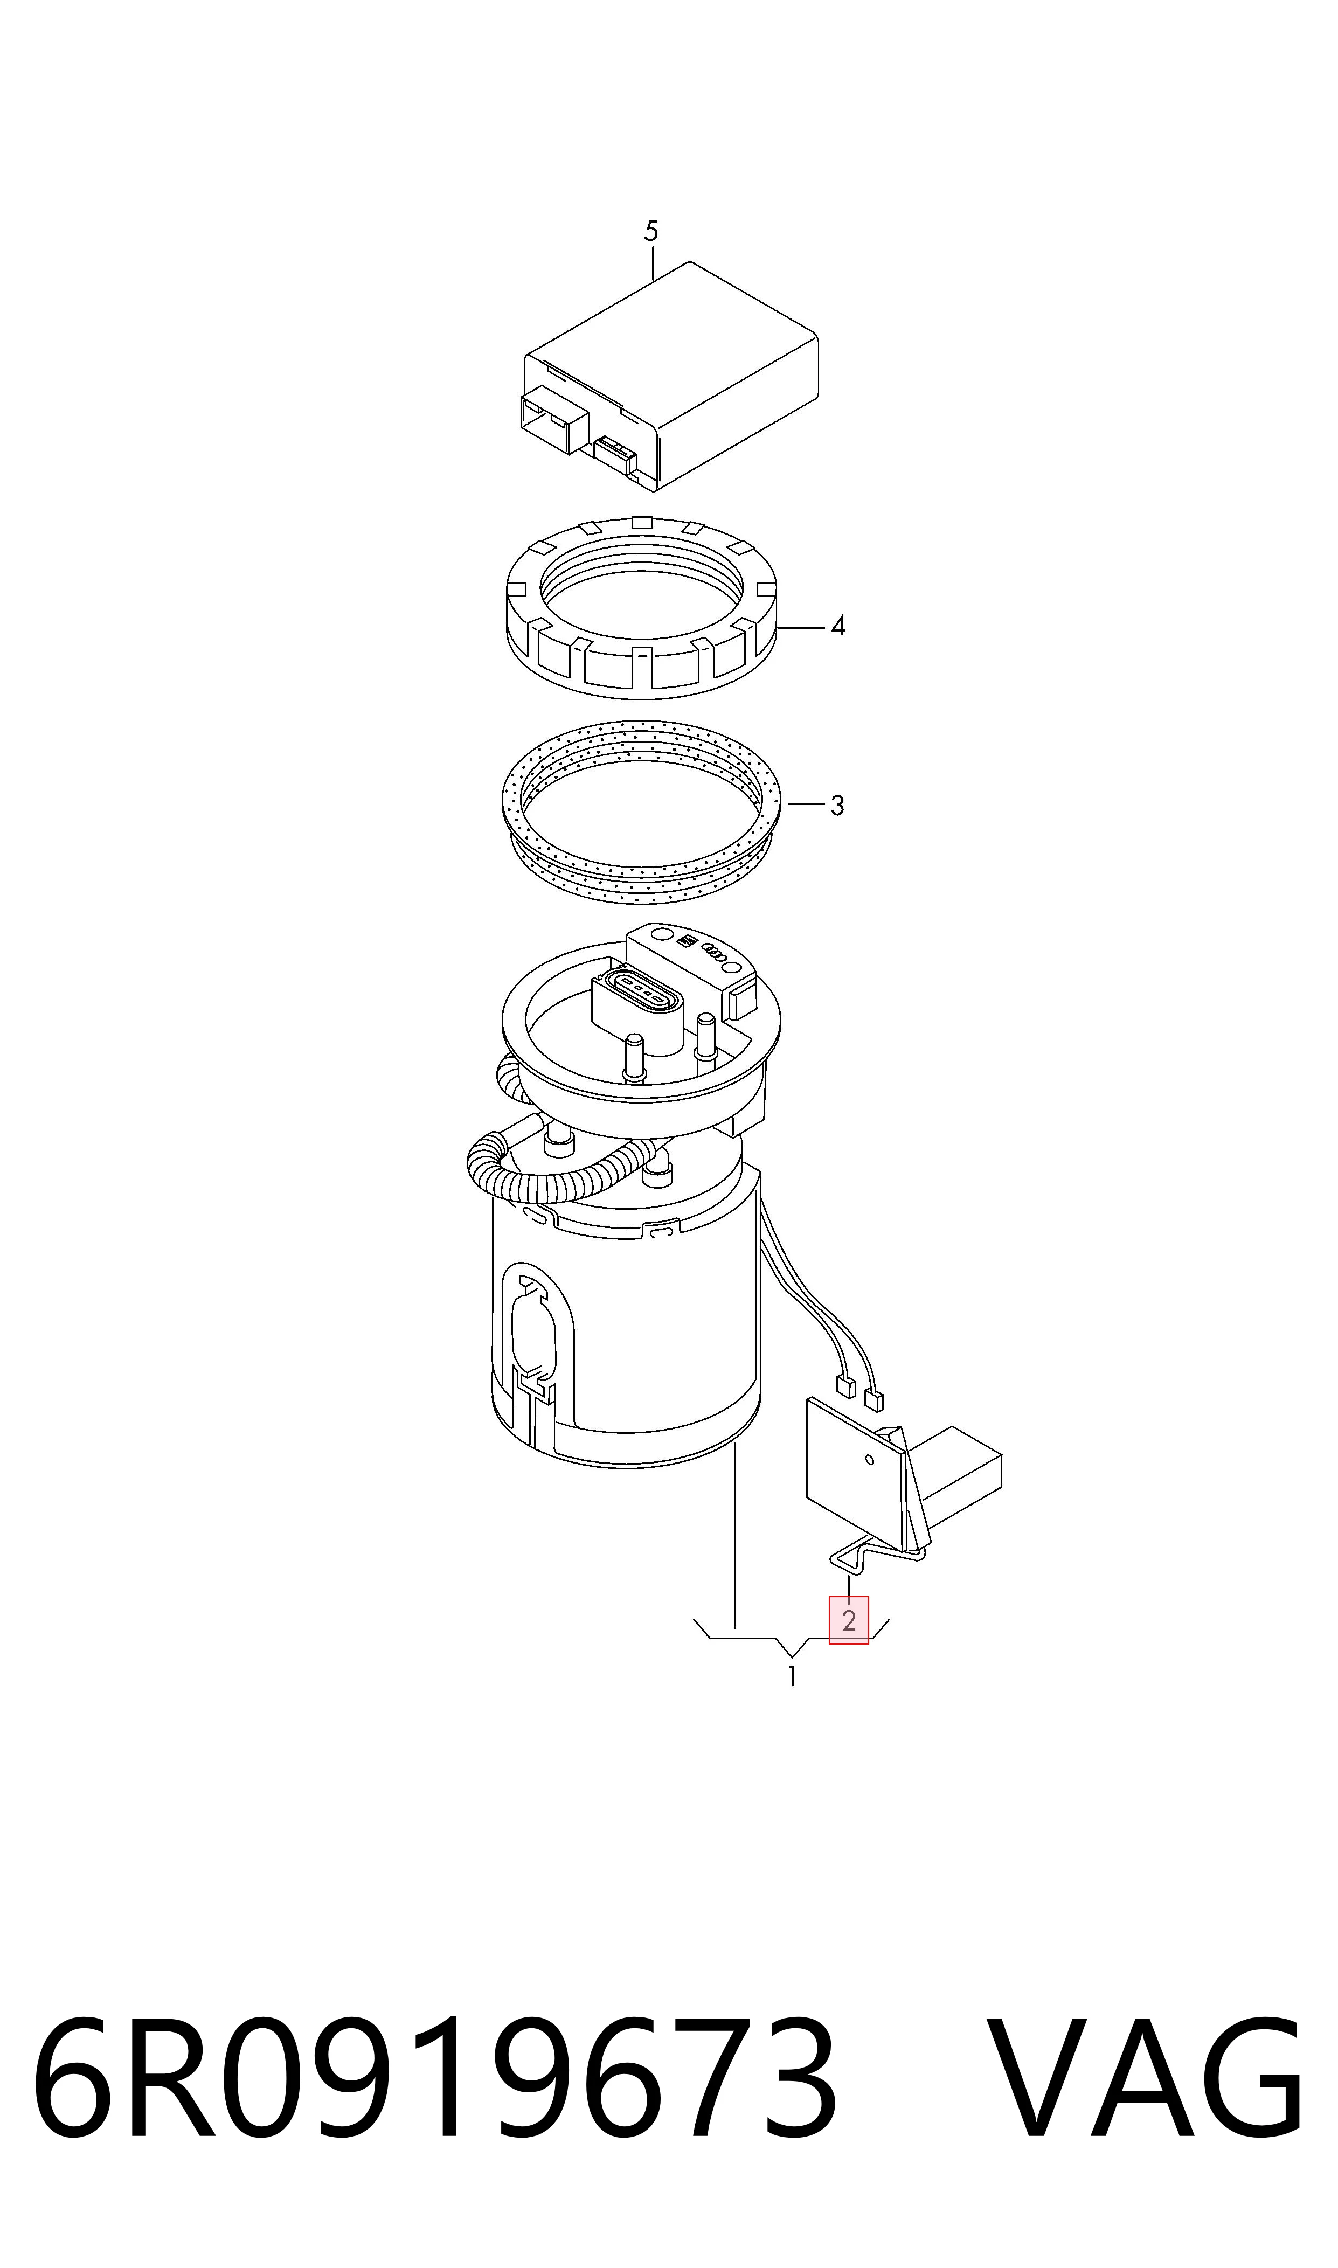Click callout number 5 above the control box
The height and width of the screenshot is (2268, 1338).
pyautogui.click(x=651, y=232)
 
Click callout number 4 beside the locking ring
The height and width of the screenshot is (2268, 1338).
pyautogui.click(x=837, y=626)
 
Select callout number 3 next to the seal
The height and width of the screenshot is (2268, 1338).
pyautogui.click(x=837, y=805)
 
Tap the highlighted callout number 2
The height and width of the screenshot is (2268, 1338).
pyautogui.click(x=848, y=1620)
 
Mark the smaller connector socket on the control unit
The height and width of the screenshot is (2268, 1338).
pyautogui.click(x=616, y=454)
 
